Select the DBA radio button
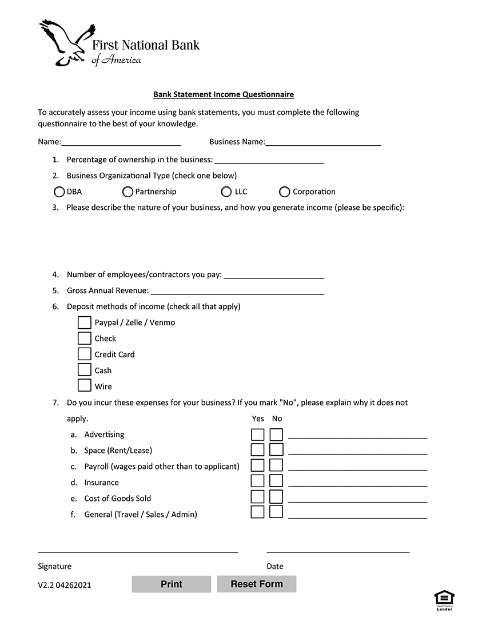(x=59, y=192)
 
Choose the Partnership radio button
(x=128, y=192)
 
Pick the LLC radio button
(x=226, y=192)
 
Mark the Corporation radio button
(x=285, y=192)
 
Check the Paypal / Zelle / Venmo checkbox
(x=85, y=323)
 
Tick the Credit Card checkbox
(x=85, y=354)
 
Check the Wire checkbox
(x=85, y=385)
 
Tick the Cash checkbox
(x=85, y=369)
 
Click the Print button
(x=172, y=584)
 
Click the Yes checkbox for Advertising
(x=258, y=435)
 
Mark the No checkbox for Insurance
(x=276, y=481)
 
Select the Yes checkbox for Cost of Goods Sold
(x=258, y=496)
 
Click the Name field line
(x=121, y=141)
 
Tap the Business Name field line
(x=323, y=141)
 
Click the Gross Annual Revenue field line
(x=237, y=290)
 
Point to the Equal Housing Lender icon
(x=444, y=600)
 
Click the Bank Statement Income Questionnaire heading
(x=224, y=94)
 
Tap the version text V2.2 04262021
(x=64, y=585)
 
